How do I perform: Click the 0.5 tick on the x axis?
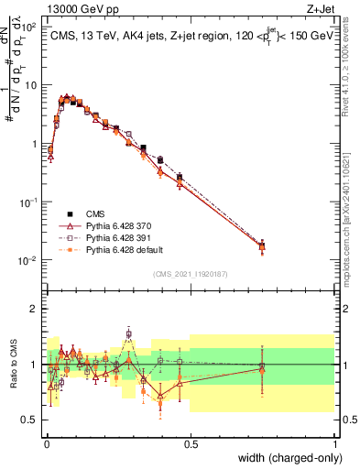(191, 442)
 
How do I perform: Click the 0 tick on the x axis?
(47, 442)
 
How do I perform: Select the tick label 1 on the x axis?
(335, 442)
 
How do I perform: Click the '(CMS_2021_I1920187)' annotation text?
(191, 272)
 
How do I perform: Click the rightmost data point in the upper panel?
(262, 245)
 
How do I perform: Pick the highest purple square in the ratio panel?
(129, 333)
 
